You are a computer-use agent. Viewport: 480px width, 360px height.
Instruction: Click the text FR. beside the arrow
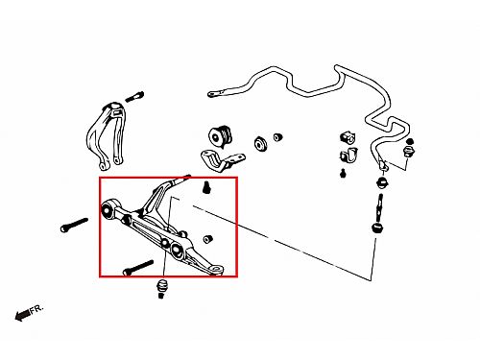36,309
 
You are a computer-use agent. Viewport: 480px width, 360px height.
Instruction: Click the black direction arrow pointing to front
23,315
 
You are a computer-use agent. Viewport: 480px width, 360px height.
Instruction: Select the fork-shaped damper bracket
107,135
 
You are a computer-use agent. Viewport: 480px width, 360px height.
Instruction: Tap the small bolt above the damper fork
134,97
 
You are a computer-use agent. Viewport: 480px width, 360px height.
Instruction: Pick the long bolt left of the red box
74,225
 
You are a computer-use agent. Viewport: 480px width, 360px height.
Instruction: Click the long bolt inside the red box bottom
138,268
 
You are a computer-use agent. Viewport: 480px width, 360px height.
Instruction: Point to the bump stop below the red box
162,289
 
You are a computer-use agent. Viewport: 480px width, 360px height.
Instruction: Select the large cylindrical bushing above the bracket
221,136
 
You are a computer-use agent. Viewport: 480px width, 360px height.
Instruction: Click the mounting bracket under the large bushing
222,161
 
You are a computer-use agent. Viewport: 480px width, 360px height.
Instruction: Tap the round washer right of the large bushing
261,144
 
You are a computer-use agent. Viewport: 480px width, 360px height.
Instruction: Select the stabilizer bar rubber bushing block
348,137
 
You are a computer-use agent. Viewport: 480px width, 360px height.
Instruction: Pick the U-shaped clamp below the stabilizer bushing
348,156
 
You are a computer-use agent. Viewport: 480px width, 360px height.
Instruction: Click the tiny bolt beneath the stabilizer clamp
343,173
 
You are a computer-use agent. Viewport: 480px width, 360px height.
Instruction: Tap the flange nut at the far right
409,151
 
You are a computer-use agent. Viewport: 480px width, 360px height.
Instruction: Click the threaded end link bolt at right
380,208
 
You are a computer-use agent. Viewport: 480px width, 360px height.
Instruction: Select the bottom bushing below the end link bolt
377,228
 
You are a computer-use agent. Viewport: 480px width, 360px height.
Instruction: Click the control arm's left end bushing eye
108,210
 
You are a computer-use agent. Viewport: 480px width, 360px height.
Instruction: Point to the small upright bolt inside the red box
206,187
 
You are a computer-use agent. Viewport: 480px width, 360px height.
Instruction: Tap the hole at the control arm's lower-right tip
217,270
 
